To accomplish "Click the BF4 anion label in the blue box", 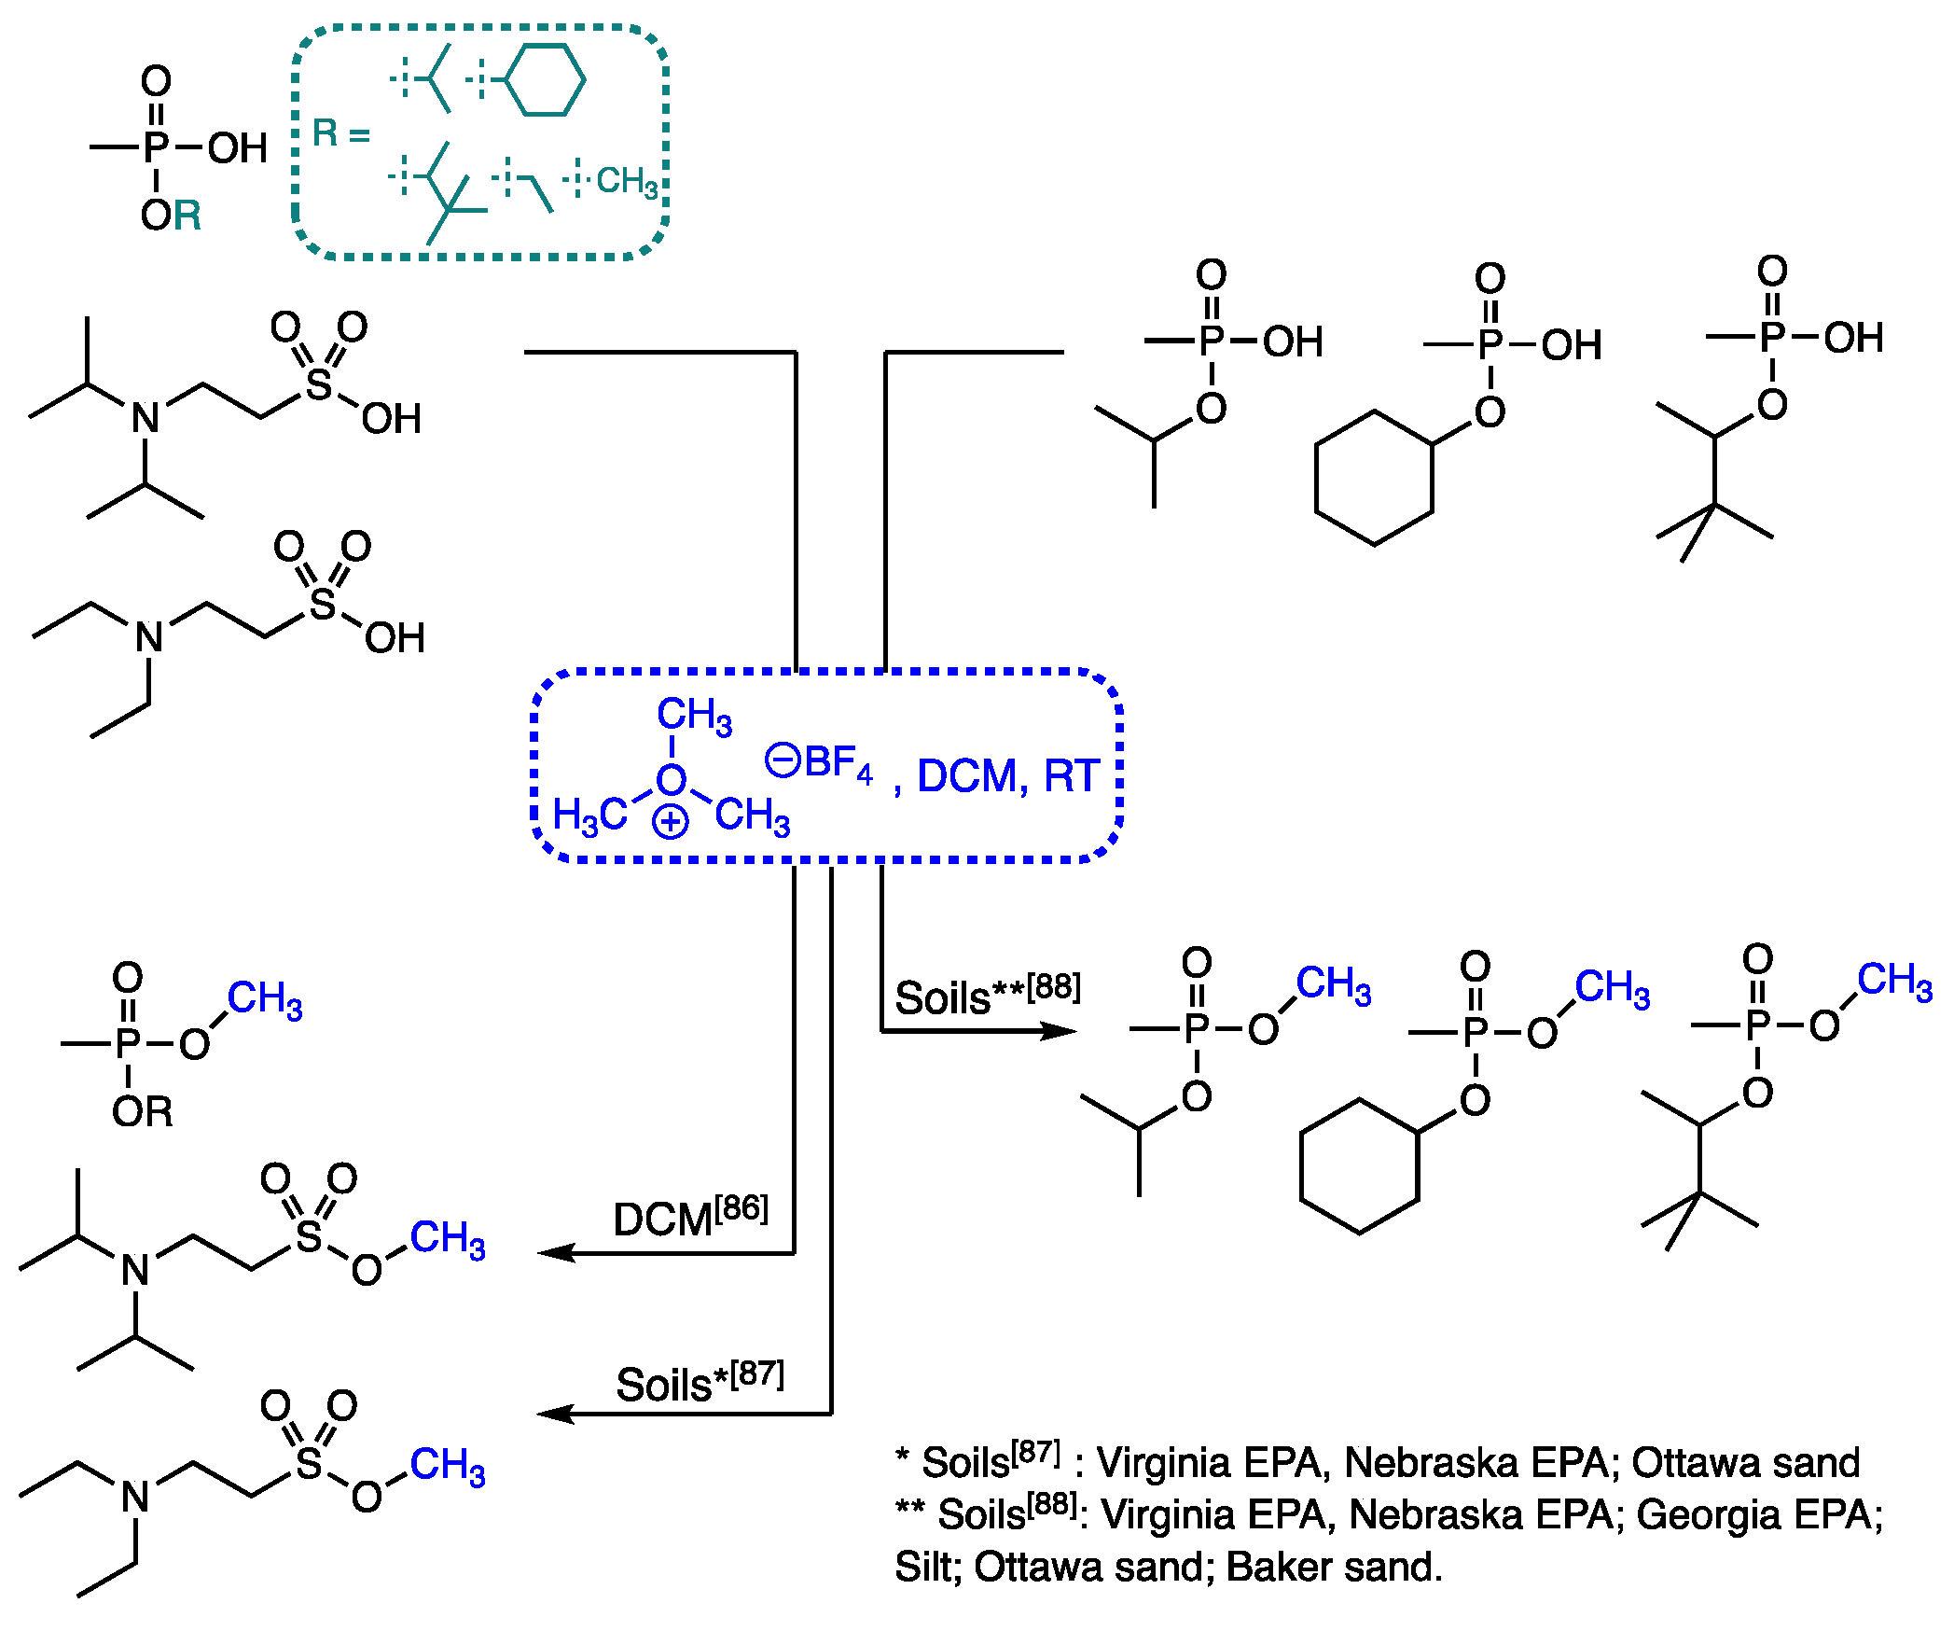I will [838, 763].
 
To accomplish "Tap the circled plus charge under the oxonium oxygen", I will [671, 823].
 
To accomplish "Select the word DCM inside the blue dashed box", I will [966, 776].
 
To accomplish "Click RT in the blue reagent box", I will [1072, 776].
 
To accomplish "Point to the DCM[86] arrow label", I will [690, 1217].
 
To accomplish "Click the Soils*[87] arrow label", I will [700, 1381].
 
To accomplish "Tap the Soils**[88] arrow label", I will [987, 995].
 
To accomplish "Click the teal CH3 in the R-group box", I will [627, 181].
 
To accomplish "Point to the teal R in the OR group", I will [187, 216].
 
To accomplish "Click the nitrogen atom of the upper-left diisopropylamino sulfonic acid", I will [145, 418].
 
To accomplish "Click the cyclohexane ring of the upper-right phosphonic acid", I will [1374, 478].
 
